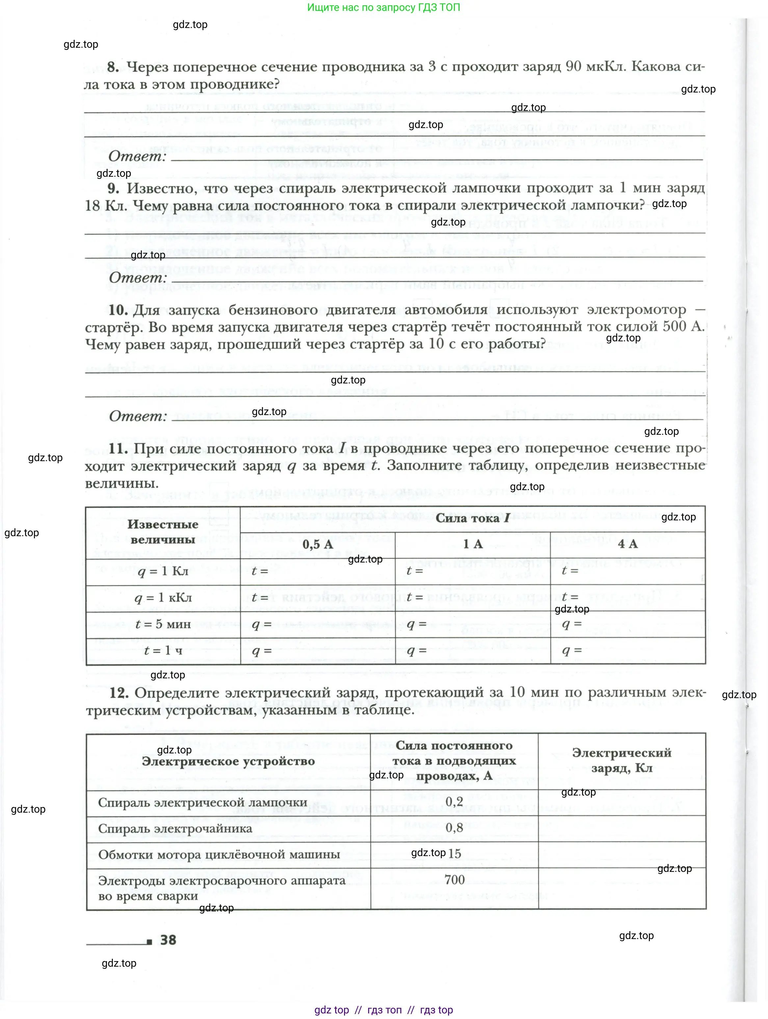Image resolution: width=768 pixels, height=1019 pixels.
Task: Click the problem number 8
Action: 113,67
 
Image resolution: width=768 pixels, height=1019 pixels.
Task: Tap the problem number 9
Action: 113,188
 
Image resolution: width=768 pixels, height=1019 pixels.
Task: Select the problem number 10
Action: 118,310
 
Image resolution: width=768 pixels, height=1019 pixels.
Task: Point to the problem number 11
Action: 118,448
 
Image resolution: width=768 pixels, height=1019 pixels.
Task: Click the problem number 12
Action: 119,693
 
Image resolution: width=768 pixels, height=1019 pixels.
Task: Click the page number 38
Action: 168,940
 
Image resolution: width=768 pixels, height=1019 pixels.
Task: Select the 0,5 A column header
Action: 317,544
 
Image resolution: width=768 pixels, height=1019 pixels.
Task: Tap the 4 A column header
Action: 627,544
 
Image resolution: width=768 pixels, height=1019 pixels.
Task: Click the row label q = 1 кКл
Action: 163,598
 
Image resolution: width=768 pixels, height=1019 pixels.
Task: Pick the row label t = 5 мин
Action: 163,625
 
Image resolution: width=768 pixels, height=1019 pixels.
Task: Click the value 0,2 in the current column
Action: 454,801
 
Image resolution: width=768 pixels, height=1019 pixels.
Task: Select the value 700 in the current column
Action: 454,880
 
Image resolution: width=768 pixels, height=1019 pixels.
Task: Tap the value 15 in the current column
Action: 455,854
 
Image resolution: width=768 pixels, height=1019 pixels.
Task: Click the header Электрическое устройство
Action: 228,762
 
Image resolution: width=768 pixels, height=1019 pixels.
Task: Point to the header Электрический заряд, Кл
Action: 622,761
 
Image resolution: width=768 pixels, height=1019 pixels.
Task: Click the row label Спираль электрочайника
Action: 175,828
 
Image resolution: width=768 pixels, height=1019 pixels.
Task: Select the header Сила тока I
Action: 472,518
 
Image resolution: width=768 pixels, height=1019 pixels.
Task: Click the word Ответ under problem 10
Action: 138,416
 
